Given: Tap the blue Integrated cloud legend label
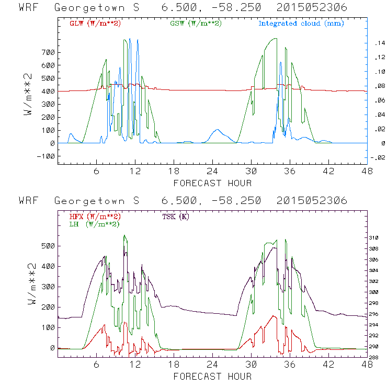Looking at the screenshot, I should point(301,24).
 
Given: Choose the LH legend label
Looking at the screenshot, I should point(95,224).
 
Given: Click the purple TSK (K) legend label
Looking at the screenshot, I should point(177,217).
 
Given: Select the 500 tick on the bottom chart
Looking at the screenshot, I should point(48,246).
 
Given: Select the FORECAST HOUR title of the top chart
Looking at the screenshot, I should point(212,183).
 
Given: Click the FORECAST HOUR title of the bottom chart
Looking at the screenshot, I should point(212,376).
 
